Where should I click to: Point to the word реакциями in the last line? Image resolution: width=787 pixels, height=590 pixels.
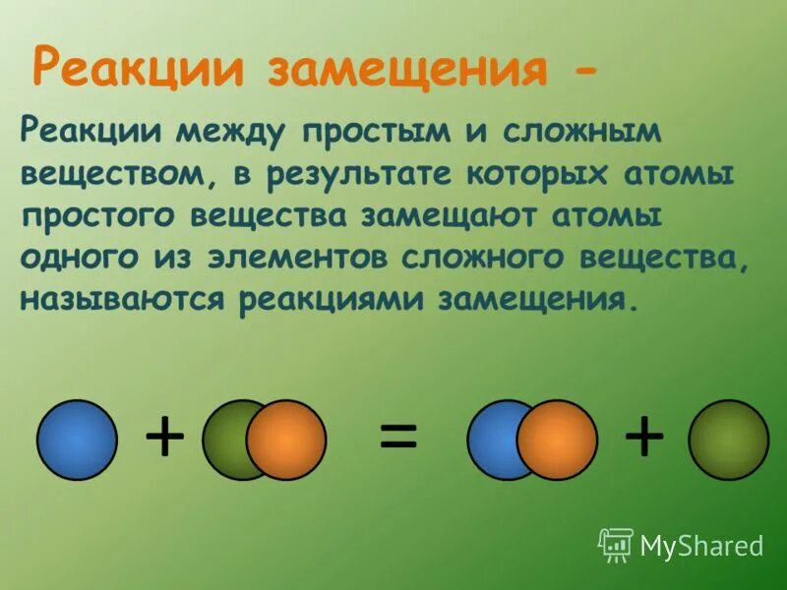pos(333,299)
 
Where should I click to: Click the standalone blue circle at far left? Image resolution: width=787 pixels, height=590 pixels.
pos(77,440)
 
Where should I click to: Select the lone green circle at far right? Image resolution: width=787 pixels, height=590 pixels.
pos(728,440)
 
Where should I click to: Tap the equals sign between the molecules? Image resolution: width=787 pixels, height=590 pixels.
pos(398,438)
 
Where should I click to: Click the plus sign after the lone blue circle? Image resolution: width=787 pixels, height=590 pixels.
pos(164,438)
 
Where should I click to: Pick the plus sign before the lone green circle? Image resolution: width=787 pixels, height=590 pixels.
pos(644,438)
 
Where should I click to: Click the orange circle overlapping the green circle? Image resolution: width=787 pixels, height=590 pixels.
pos(286,440)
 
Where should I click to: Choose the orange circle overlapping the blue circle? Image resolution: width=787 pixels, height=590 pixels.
pos(557,440)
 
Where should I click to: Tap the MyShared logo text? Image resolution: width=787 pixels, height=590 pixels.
pos(700,544)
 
